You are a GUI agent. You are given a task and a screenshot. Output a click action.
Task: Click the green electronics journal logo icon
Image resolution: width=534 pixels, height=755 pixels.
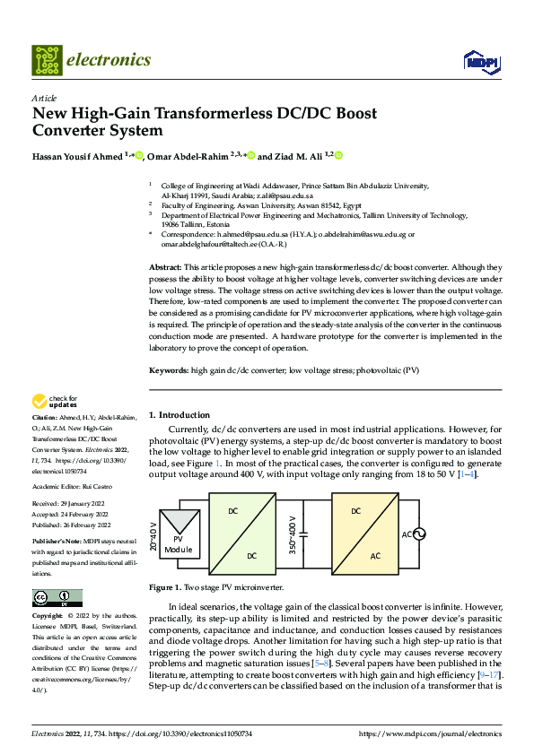pos(45,60)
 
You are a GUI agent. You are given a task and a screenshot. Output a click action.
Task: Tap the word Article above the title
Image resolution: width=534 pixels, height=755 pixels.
pos(44,98)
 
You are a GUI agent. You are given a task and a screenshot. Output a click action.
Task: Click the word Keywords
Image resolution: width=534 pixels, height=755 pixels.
pos(169,370)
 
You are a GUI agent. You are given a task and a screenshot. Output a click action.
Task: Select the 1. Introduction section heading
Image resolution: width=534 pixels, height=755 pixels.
pos(178,415)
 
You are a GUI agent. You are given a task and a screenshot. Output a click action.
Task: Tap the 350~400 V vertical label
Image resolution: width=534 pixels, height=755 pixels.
pos(293,534)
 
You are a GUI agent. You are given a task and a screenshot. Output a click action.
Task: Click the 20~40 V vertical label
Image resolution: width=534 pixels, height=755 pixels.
pos(153,534)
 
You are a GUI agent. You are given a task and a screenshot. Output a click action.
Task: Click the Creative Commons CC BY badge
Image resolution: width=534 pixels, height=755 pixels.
pos(57,598)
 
